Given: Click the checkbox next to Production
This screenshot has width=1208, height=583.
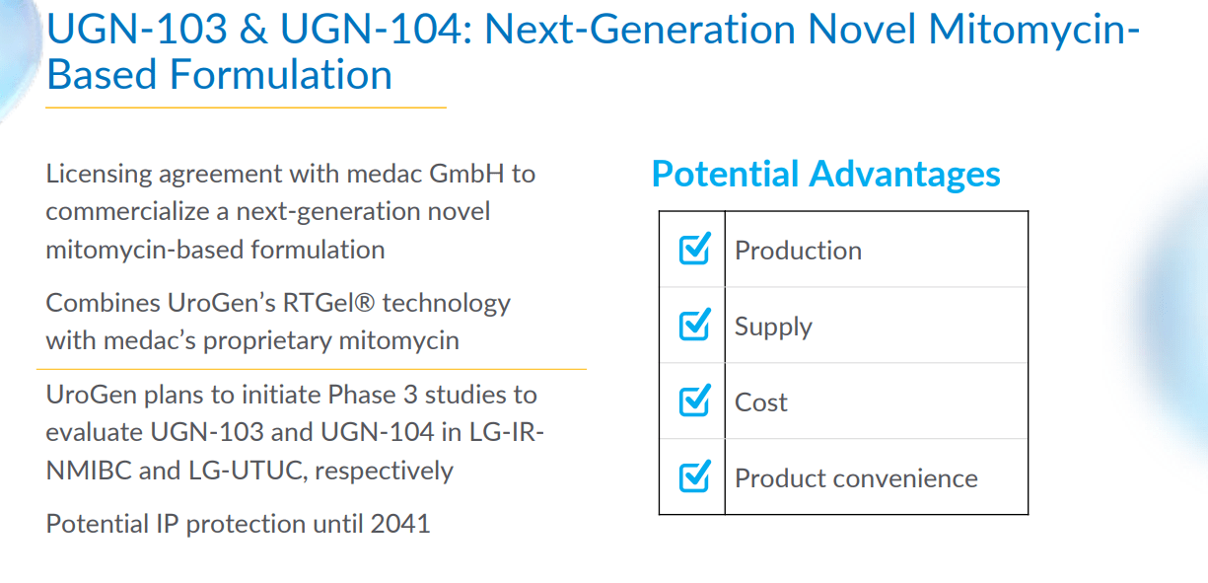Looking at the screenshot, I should coord(695,250).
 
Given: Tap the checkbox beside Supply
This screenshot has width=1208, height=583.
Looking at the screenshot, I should coord(695,325).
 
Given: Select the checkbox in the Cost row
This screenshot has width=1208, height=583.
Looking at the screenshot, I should coord(695,401).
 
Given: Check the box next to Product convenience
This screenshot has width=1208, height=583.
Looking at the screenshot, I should coord(695,476).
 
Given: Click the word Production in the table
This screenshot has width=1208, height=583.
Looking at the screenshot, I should coord(798,251).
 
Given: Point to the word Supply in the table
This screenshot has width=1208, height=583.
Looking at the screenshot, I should coord(773,328).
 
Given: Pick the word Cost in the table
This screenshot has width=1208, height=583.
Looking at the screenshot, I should coord(761,402).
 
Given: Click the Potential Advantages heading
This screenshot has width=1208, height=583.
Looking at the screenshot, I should coord(825,175).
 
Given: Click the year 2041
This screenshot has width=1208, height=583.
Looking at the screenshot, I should coord(400,523).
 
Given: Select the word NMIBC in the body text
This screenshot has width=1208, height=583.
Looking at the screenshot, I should coord(89,471).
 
